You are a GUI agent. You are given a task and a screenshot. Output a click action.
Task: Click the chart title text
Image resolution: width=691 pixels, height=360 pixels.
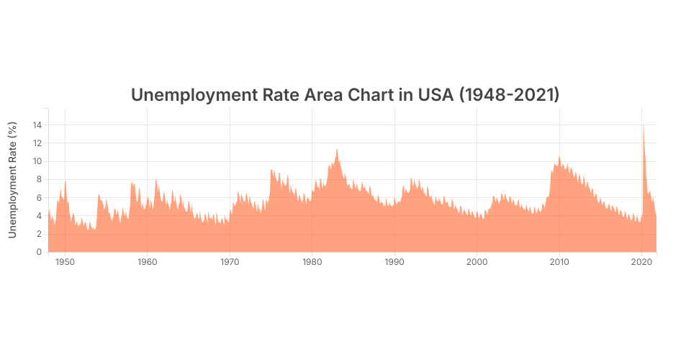345,95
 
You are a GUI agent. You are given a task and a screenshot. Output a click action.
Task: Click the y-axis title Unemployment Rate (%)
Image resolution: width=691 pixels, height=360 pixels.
12,180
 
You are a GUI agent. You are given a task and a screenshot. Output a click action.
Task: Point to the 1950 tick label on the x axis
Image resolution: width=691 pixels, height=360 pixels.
65,262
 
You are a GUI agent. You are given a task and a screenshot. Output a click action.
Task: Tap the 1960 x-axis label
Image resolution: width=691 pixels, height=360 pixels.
148,262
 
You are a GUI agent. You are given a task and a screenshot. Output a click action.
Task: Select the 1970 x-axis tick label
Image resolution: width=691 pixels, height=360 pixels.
230,262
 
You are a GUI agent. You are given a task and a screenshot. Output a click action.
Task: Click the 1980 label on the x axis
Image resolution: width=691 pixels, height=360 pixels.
312,262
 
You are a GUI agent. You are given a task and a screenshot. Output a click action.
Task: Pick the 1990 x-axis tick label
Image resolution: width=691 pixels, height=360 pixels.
394,262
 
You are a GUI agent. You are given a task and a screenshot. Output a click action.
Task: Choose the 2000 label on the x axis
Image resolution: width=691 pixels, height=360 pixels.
477,262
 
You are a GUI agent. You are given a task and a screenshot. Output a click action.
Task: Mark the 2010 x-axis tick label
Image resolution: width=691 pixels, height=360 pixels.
559,262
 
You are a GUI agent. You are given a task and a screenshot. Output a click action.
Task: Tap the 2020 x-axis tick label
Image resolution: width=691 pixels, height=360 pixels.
641,262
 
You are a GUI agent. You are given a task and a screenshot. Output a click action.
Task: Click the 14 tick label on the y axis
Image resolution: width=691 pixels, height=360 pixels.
37,125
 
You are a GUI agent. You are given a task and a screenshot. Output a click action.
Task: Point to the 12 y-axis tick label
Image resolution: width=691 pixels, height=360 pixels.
37,143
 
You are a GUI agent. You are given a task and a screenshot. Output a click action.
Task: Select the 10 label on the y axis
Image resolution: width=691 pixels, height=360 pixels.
37,161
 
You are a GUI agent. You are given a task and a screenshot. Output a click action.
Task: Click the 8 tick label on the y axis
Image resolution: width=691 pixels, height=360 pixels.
40,179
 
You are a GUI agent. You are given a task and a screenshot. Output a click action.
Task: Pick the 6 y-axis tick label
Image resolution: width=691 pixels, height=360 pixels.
40,198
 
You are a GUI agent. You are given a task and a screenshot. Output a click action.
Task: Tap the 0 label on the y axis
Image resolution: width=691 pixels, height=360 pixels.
40,252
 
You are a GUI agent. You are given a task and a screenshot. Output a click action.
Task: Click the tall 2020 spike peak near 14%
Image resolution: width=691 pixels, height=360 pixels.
643,127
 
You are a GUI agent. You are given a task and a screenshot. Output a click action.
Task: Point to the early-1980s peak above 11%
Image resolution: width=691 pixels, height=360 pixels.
337,150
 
